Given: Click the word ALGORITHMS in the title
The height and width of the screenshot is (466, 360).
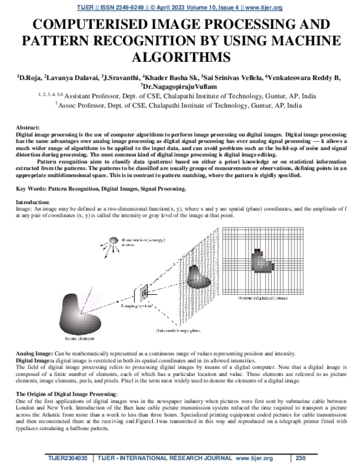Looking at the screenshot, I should pos(180,58).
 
